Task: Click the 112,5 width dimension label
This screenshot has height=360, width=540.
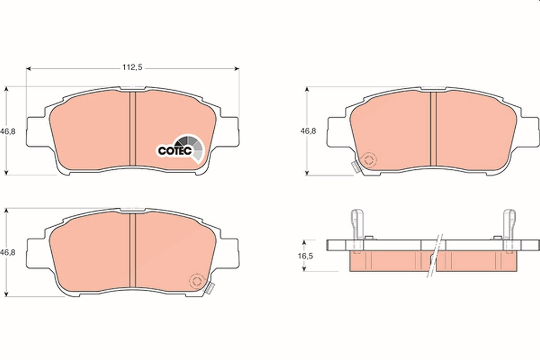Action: [132, 67]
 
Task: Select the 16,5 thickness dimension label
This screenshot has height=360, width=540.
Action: [306, 256]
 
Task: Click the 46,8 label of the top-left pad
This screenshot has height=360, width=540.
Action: [8, 132]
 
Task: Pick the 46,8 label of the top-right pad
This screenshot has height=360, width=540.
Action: [308, 131]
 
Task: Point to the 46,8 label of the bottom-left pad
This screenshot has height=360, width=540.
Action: [8, 253]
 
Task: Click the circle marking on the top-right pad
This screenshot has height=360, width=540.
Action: [369, 160]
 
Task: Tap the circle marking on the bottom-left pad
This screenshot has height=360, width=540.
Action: [197, 281]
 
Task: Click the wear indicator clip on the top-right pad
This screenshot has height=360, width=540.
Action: [356, 167]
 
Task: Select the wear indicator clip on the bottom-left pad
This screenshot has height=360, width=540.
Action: [209, 288]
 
